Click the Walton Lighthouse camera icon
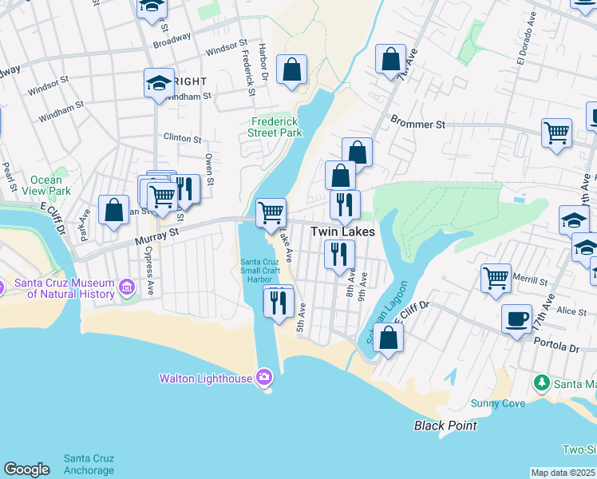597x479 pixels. click(x=264, y=378)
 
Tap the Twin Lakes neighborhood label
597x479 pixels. click(x=342, y=232)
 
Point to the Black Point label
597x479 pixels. click(x=445, y=426)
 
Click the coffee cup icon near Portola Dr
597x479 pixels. click(x=516, y=319)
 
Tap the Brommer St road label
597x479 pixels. click(x=417, y=125)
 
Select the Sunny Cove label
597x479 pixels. click(x=498, y=403)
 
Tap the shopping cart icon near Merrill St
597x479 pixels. click(x=496, y=277)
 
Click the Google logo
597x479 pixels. click(x=26, y=469)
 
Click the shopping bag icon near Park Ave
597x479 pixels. click(x=114, y=210)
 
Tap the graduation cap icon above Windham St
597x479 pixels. click(x=159, y=83)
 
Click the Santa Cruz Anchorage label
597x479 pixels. click(x=89, y=464)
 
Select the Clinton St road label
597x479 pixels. click(x=182, y=138)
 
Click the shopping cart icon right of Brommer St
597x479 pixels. click(x=556, y=133)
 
